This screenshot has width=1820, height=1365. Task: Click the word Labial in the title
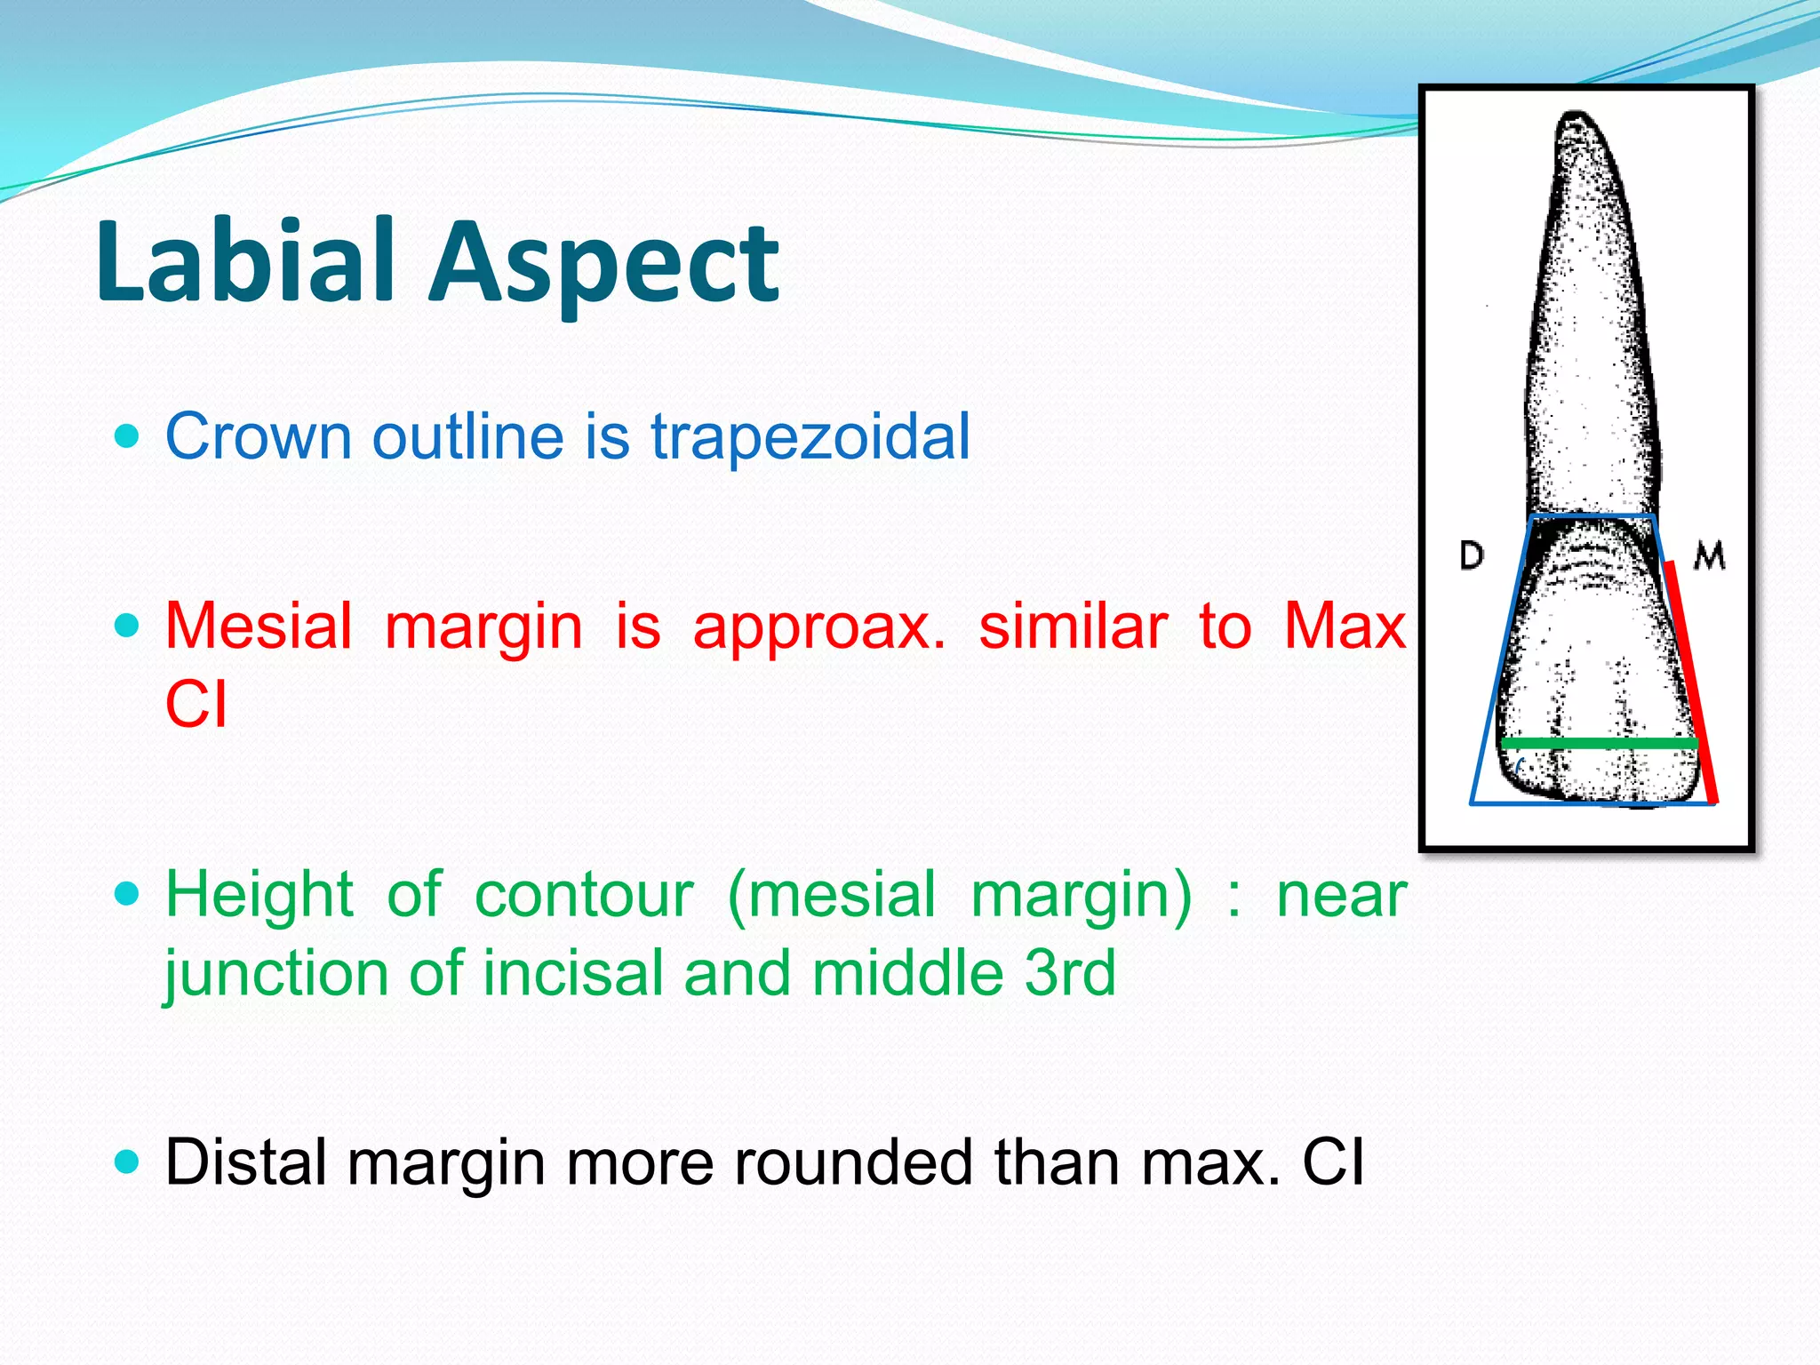(x=244, y=262)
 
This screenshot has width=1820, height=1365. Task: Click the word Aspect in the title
(x=604, y=267)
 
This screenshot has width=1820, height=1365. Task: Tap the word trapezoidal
(x=810, y=437)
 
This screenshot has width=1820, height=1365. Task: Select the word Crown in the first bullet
(x=259, y=437)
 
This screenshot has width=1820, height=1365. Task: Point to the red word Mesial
(x=259, y=626)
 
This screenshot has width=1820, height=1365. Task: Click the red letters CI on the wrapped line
(x=196, y=705)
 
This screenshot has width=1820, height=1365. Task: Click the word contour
(x=584, y=896)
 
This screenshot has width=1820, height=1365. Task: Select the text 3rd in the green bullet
(x=1070, y=973)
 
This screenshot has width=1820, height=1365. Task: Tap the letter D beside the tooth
(x=1472, y=556)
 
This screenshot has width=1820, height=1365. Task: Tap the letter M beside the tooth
(x=1709, y=556)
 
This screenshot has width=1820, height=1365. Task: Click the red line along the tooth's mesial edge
(x=1690, y=684)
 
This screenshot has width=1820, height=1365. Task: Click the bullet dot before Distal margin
(x=128, y=1161)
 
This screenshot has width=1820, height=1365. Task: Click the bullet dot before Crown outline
(x=128, y=436)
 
